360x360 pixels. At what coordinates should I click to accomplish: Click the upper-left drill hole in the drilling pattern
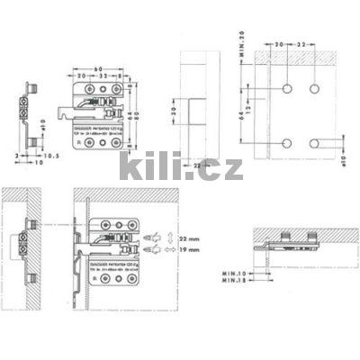point(286,90)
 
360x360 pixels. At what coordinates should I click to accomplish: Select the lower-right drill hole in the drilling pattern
point(315,143)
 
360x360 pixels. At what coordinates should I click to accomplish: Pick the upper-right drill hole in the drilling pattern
point(315,90)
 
